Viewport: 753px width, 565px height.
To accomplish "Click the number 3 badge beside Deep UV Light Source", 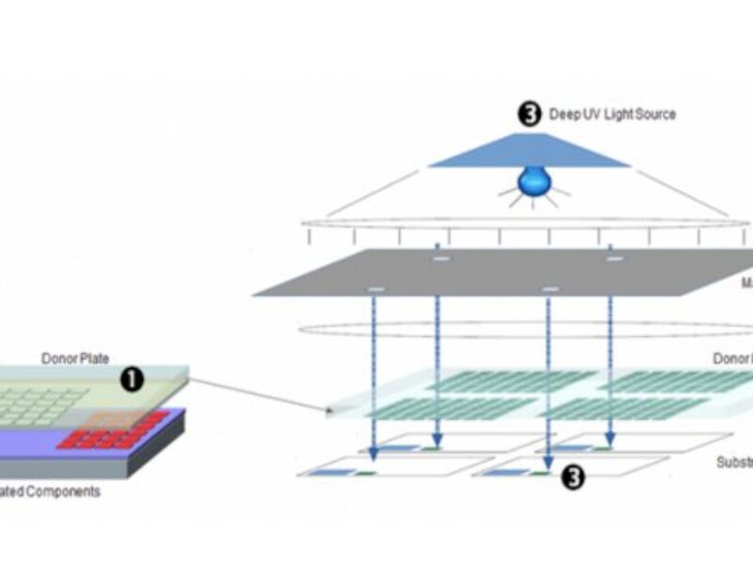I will (530, 115).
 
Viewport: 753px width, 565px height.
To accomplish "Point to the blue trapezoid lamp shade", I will (529, 151).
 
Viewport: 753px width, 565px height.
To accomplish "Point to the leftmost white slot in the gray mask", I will (376, 287).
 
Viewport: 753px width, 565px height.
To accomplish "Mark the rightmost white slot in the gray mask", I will (614, 257).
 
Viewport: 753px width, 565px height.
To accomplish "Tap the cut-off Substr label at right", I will (734, 462).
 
